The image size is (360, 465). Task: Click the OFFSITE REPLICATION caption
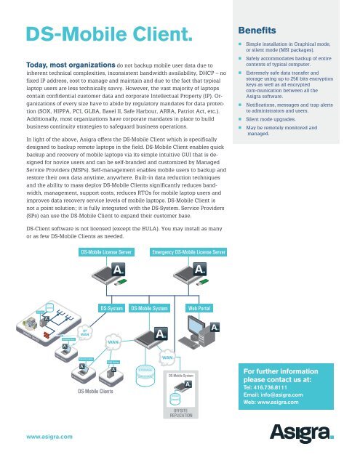click(x=177, y=413)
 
